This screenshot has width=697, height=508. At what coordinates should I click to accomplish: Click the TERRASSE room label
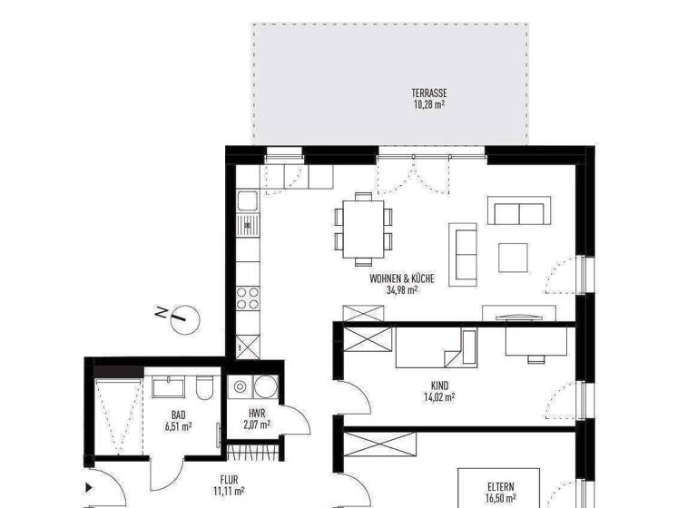(x=428, y=93)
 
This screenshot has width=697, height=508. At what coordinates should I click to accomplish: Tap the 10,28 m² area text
(x=428, y=103)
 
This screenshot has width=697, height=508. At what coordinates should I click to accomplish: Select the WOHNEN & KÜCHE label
(x=402, y=279)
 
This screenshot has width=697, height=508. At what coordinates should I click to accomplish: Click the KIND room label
(x=438, y=385)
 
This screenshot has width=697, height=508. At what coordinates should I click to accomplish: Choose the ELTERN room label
(x=499, y=486)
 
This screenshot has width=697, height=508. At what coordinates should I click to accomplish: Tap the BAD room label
(x=178, y=415)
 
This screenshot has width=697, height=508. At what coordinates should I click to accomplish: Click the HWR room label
(x=256, y=414)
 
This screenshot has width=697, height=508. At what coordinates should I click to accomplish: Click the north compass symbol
(x=182, y=317)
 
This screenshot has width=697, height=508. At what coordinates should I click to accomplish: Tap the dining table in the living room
(x=364, y=226)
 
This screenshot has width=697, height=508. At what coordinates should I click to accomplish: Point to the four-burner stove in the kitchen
(x=247, y=298)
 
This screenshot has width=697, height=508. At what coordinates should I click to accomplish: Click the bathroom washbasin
(x=170, y=388)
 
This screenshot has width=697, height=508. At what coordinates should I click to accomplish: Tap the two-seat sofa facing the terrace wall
(x=517, y=211)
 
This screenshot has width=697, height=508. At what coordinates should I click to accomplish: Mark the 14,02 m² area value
(x=438, y=396)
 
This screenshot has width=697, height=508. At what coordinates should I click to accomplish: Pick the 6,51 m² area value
(x=178, y=426)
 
